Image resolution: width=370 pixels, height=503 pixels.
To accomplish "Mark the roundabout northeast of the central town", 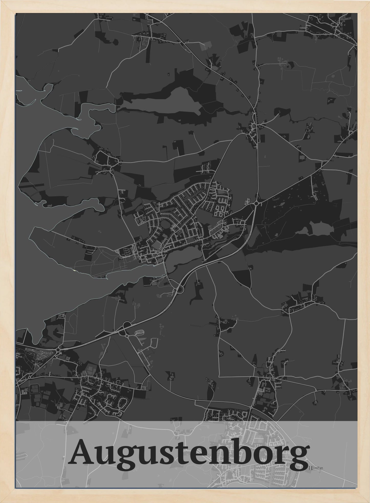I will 256,203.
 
